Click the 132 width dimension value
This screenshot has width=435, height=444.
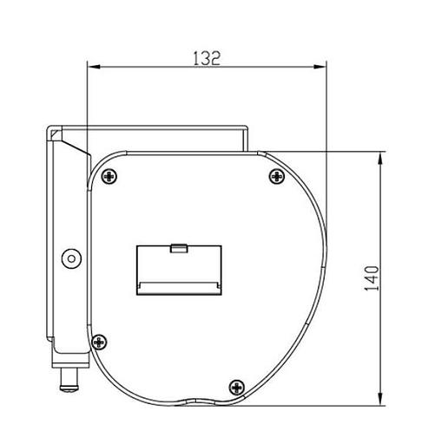[x=207, y=58]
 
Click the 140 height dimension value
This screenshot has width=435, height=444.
[x=372, y=278]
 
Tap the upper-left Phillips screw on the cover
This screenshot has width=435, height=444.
[x=109, y=176]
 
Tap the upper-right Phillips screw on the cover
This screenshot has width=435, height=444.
[x=277, y=176]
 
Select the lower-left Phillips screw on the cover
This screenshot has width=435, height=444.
[x=99, y=342]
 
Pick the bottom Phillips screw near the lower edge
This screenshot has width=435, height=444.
[x=237, y=388]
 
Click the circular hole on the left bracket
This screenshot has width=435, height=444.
[x=71, y=258]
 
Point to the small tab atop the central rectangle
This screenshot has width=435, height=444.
[x=179, y=248]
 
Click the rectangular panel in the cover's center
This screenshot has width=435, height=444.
[x=179, y=271]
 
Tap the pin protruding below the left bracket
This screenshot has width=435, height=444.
[x=69, y=380]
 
